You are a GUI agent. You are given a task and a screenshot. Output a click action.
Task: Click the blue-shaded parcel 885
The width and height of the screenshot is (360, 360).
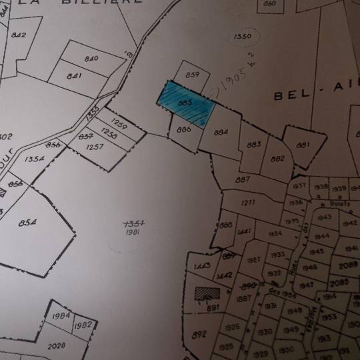(x=187, y=102)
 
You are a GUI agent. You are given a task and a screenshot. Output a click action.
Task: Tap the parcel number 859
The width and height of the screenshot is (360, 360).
(x=193, y=75)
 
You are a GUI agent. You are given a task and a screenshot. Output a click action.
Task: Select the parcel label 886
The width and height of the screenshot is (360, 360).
(x=185, y=129)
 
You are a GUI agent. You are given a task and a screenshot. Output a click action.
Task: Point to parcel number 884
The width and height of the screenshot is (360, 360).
(x=221, y=132)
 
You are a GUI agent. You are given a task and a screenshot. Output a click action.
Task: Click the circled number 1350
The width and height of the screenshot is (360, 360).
(x=244, y=37)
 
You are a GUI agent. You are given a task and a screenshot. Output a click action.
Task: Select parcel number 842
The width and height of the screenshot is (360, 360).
(x=19, y=35)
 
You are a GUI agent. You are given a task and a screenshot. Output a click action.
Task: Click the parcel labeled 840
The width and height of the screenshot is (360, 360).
(x=92, y=59)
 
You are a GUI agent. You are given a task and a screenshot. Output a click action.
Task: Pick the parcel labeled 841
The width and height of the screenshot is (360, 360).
(x=74, y=76)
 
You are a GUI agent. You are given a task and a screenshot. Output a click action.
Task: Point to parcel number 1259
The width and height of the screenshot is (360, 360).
(x=119, y=124)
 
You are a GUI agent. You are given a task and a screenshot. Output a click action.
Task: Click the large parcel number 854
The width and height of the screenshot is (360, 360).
(x=27, y=223)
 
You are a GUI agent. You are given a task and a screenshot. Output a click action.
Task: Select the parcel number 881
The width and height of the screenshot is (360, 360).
(x=303, y=145)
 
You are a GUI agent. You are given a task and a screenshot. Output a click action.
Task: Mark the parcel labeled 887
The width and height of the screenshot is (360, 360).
(x=243, y=179)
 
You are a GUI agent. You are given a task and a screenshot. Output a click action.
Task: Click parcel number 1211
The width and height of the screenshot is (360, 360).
(x=248, y=201)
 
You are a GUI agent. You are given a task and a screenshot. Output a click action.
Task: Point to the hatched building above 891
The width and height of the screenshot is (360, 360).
(x=207, y=293)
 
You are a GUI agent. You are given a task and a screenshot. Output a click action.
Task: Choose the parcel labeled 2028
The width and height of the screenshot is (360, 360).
(x=57, y=345)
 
